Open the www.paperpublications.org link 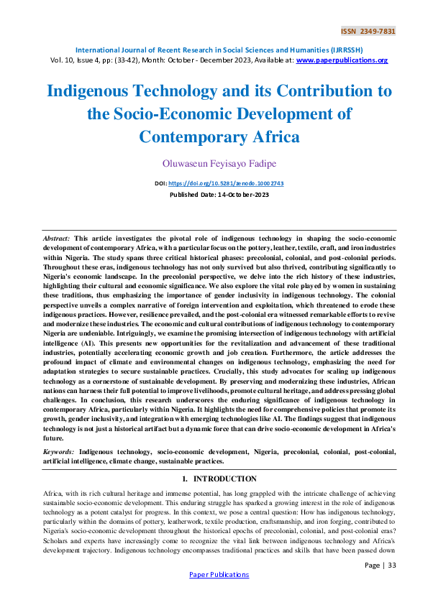click(342, 60)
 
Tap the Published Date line click(214, 195)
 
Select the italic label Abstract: click(56, 237)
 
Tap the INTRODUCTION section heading click(225, 479)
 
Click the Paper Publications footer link click(219, 575)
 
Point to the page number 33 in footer click(390, 565)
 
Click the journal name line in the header click(214, 50)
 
